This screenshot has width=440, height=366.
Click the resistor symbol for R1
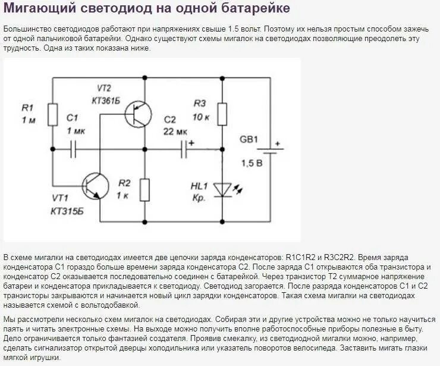[x=52, y=114]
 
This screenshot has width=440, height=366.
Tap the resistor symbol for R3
[x=222, y=114]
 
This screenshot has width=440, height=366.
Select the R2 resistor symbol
[x=144, y=189]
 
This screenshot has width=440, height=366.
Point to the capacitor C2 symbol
[x=185, y=149]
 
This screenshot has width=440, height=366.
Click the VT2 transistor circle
[x=139, y=112]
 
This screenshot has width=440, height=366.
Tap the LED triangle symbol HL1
[x=222, y=189]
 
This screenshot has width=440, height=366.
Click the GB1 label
[x=249, y=139]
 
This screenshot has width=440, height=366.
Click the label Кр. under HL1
[x=199, y=198]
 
